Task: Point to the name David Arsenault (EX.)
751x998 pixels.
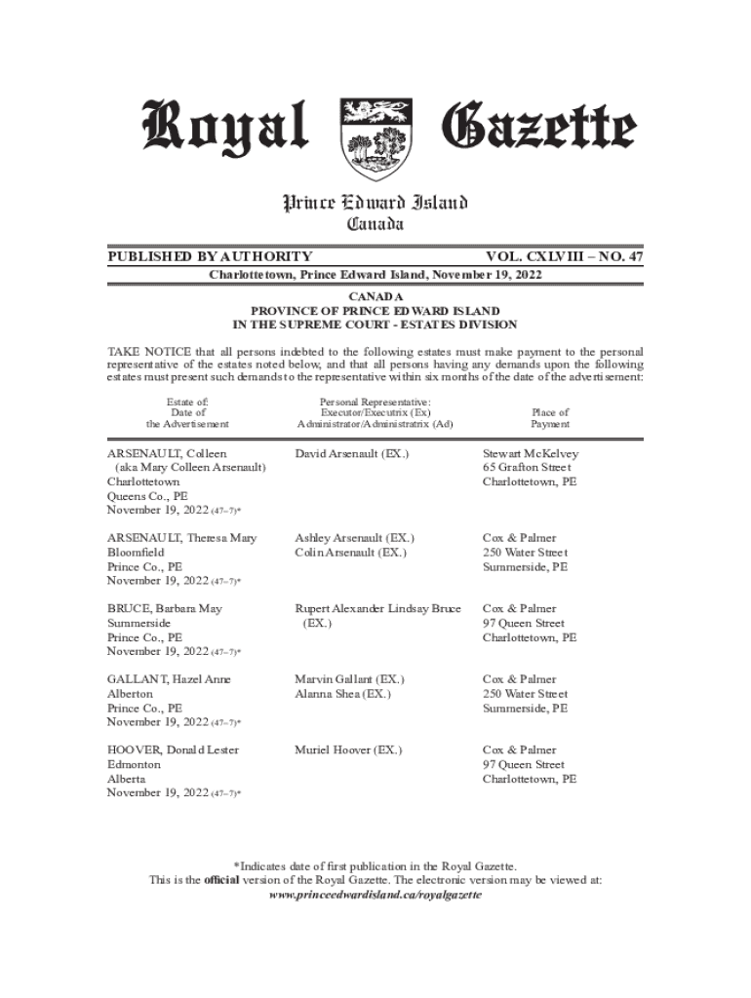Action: point(352,454)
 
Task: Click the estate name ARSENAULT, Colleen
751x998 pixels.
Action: point(167,454)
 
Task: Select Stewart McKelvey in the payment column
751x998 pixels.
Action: point(531,454)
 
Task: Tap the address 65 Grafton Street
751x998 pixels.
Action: point(527,468)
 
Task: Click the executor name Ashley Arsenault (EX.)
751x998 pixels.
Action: point(355,538)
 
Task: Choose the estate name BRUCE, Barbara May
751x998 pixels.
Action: point(165,609)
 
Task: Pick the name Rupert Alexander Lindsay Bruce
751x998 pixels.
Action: point(377,609)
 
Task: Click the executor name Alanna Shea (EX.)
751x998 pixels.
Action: point(342,694)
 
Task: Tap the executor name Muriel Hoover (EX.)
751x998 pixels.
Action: point(348,750)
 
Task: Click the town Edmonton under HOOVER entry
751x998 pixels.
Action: point(134,765)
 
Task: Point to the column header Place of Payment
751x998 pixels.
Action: point(550,418)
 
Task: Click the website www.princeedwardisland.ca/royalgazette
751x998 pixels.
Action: point(375,895)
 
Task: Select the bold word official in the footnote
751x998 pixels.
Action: point(221,880)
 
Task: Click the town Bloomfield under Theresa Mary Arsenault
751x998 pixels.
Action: point(136,553)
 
